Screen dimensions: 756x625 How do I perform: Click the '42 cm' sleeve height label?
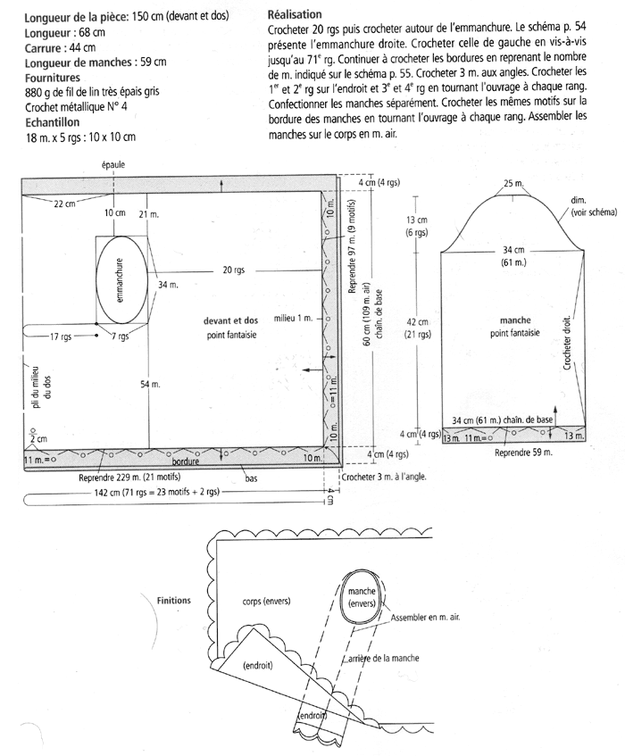pyautogui.click(x=416, y=322)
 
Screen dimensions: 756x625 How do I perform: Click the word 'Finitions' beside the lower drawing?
pyautogui.click(x=173, y=601)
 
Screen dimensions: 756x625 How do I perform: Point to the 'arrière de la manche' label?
pyautogui.click(x=382, y=658)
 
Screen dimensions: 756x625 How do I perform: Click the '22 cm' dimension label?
pyautogui.click(x=64, y=204)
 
